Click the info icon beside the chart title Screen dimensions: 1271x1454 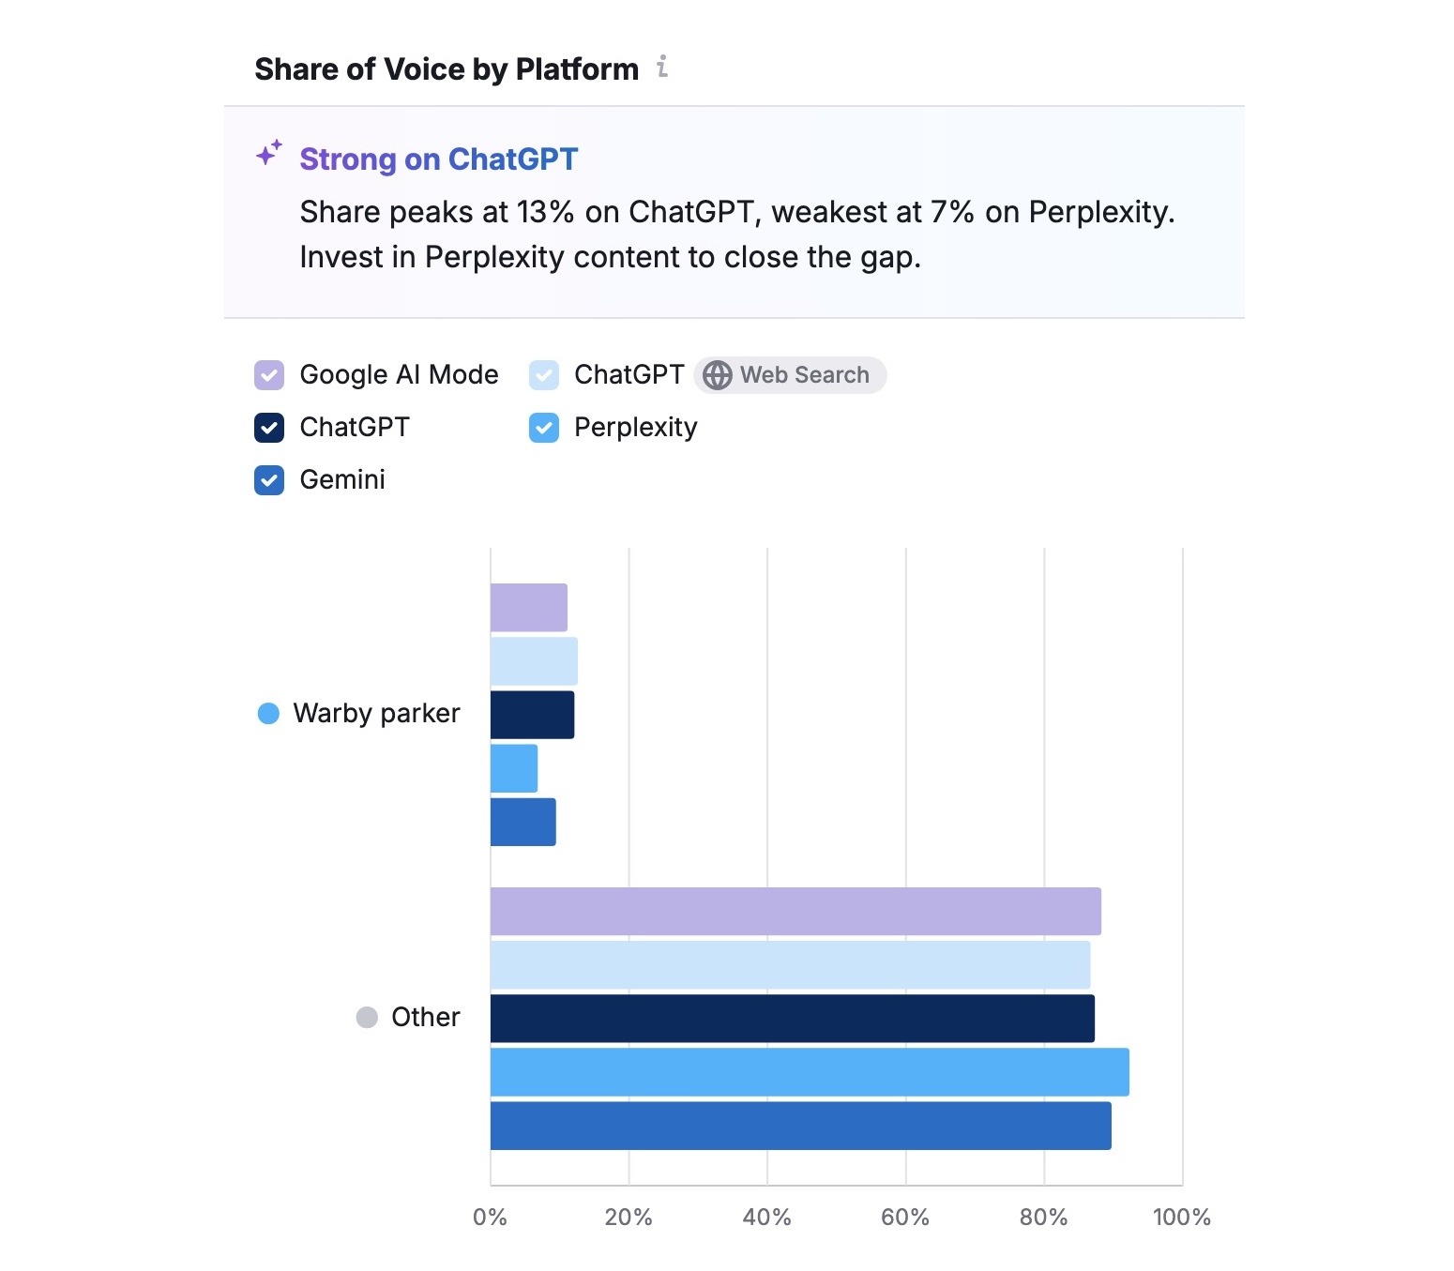[x=662, y=67]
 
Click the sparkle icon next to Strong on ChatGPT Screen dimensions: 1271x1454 [x=269, y=153]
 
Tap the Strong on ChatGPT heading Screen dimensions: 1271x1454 [x=438, y=159]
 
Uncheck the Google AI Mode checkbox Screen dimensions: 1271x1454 [x=269, y=375]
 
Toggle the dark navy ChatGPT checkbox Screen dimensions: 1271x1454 [x=269, y=428]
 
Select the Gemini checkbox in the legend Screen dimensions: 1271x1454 [x=269, y=480]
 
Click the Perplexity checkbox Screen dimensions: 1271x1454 [x=544, y=428]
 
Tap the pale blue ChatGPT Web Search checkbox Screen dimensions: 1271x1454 [x=544, y=375]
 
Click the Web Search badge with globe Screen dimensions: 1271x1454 [x=790, y=375]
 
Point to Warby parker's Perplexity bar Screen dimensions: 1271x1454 [x=514, y=768]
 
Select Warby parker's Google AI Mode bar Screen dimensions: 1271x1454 [x=529, y=608]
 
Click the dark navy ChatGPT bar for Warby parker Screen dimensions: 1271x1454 [x=532, y=715]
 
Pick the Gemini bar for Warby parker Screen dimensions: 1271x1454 [x=523, y=822]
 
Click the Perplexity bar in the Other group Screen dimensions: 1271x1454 [x=810, y=1072]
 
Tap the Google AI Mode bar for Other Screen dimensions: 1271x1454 [x=795, y=912]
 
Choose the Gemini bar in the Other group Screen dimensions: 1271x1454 [x=800, y=1126]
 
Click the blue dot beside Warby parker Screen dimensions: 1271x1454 [x=268, y=714]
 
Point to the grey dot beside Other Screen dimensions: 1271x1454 [x=367, y=1018]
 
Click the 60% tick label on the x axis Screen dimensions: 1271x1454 [x=905, y=1218]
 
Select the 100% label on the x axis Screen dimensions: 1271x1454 [x=1181, y=1218]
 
